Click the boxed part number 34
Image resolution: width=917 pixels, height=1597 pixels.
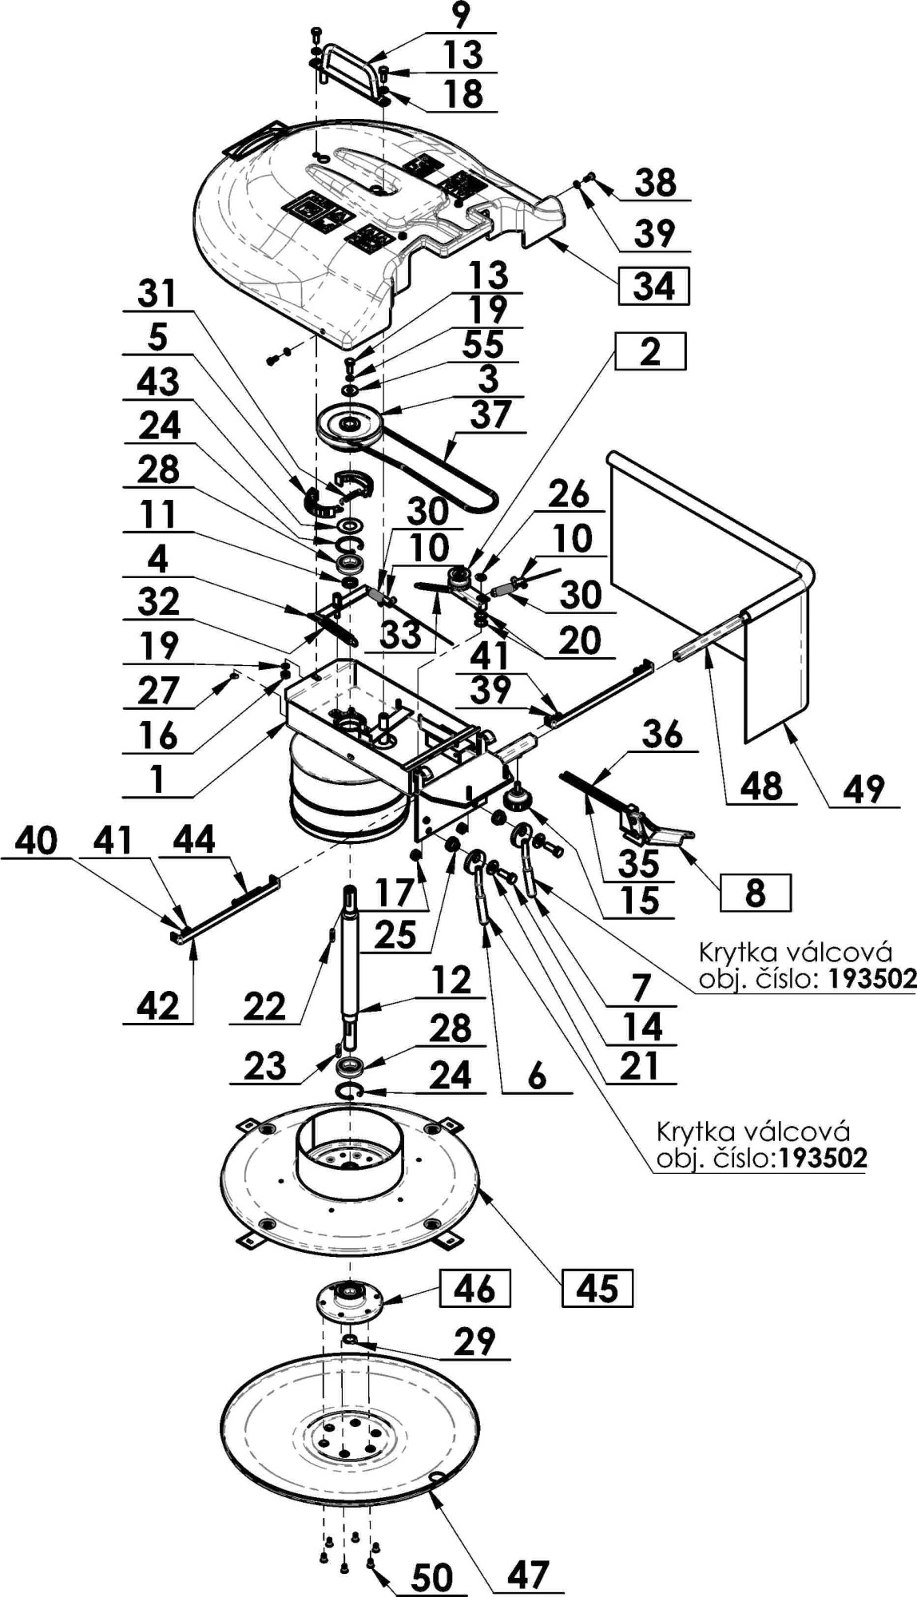pos(653,286)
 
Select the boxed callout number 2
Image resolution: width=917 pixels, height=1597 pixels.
pos(649,351)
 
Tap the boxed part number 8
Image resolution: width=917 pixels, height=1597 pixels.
pos(756,892)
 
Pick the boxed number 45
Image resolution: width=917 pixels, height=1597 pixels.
pos(597,1288)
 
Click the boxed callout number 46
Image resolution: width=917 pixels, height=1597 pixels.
pos(474,1287)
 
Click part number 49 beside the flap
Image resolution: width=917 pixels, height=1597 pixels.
pos(864,790)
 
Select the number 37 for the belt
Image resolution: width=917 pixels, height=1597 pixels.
pos(490,415)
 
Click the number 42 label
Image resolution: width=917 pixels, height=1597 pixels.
pos(158,1005)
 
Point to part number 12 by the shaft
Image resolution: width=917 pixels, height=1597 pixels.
pos(451,980)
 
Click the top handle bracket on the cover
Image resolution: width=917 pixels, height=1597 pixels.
pos(349,69)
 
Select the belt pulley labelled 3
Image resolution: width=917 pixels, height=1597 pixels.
pos(349,422)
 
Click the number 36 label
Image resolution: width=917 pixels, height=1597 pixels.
pos(662,735)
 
